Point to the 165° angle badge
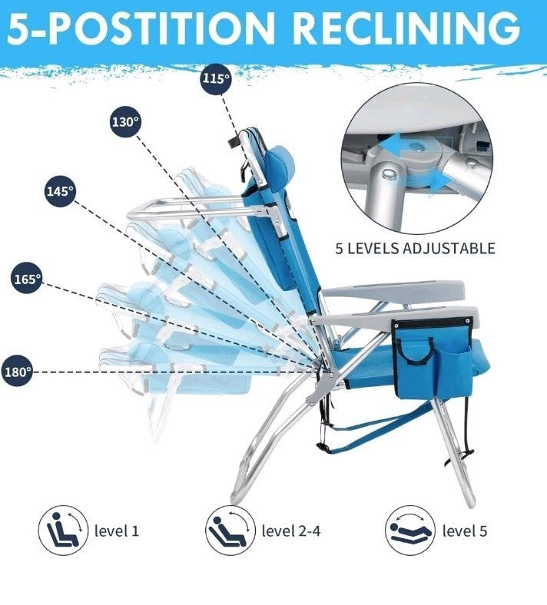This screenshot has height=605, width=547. pos(27,279)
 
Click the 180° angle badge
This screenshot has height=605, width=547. pos(16,372)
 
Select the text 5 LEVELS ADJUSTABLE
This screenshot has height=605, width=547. pos(415,248)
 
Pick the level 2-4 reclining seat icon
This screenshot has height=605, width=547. pos(228,530)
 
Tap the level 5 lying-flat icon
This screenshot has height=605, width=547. pos(409,530)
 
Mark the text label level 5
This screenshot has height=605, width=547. pos(464,531)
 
